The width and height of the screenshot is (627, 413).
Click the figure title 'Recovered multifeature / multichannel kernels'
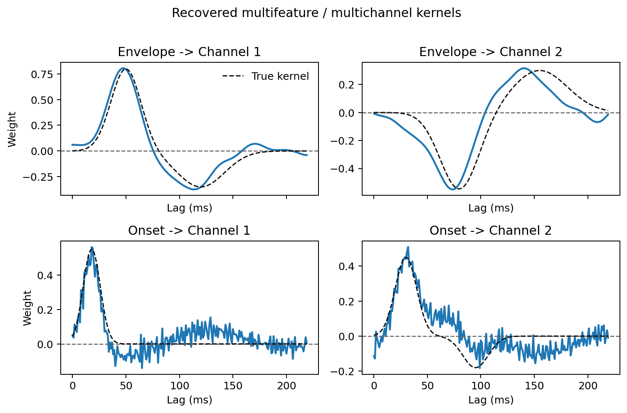(x=316, y=13)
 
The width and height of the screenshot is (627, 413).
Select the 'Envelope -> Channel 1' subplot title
(x=189, y=52)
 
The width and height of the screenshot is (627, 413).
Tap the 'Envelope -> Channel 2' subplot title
(x=491, y=52)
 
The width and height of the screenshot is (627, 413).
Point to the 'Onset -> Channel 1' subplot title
(x=189, y=231)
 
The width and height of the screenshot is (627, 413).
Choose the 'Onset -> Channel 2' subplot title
(x=491, y=231)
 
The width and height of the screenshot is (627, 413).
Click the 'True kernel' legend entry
(x=280, y=76)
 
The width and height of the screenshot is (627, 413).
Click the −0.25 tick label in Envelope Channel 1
(x=42, y=177)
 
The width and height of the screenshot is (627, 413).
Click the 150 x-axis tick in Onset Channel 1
(x=233, y=386)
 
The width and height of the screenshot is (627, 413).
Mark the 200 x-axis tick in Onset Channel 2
(x=588, y=386)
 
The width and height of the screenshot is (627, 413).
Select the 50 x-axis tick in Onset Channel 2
(x=427, y=386)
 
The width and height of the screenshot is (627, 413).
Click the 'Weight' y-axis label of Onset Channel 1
(x=27, y=308)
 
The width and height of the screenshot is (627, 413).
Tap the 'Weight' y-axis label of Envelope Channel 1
(x=12, y=129)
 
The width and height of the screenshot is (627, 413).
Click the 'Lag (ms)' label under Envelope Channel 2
(x=491, y=208)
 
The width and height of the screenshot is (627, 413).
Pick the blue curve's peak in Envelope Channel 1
(x=123, y=68)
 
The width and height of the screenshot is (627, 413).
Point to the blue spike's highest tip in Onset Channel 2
(x=408, y=247)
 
